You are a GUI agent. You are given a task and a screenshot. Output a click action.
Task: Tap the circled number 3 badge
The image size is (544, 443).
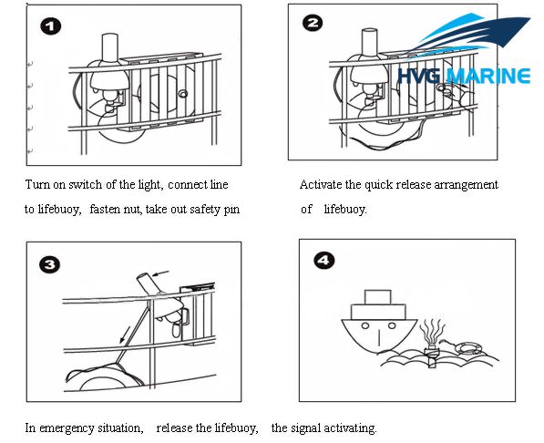(x=51, y=265)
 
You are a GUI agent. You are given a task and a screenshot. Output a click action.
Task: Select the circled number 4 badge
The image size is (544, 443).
(x=324, y=261)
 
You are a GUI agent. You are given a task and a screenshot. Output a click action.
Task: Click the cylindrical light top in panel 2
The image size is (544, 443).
(x=370, y=43)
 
